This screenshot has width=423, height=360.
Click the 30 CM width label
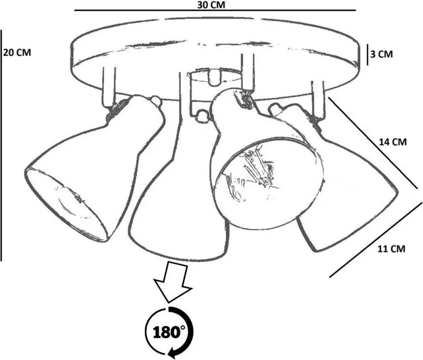coord(211,4)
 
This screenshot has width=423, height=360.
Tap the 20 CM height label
coord(17,52)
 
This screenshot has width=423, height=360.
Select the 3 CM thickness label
coord(381,54)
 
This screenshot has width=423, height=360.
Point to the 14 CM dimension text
coord(393,142)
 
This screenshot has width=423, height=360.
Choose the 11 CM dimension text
coord(392,249)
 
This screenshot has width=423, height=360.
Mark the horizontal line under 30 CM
coord(215,11)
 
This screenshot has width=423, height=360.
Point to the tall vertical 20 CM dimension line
coord(1,145)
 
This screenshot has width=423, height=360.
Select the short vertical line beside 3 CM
coord(367,55)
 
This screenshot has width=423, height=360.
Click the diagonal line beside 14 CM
coord(373,143)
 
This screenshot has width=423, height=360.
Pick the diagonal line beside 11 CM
coord(376,239)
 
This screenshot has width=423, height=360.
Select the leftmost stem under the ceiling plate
coord(109,87)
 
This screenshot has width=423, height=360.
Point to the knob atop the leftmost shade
coord(156,101)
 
